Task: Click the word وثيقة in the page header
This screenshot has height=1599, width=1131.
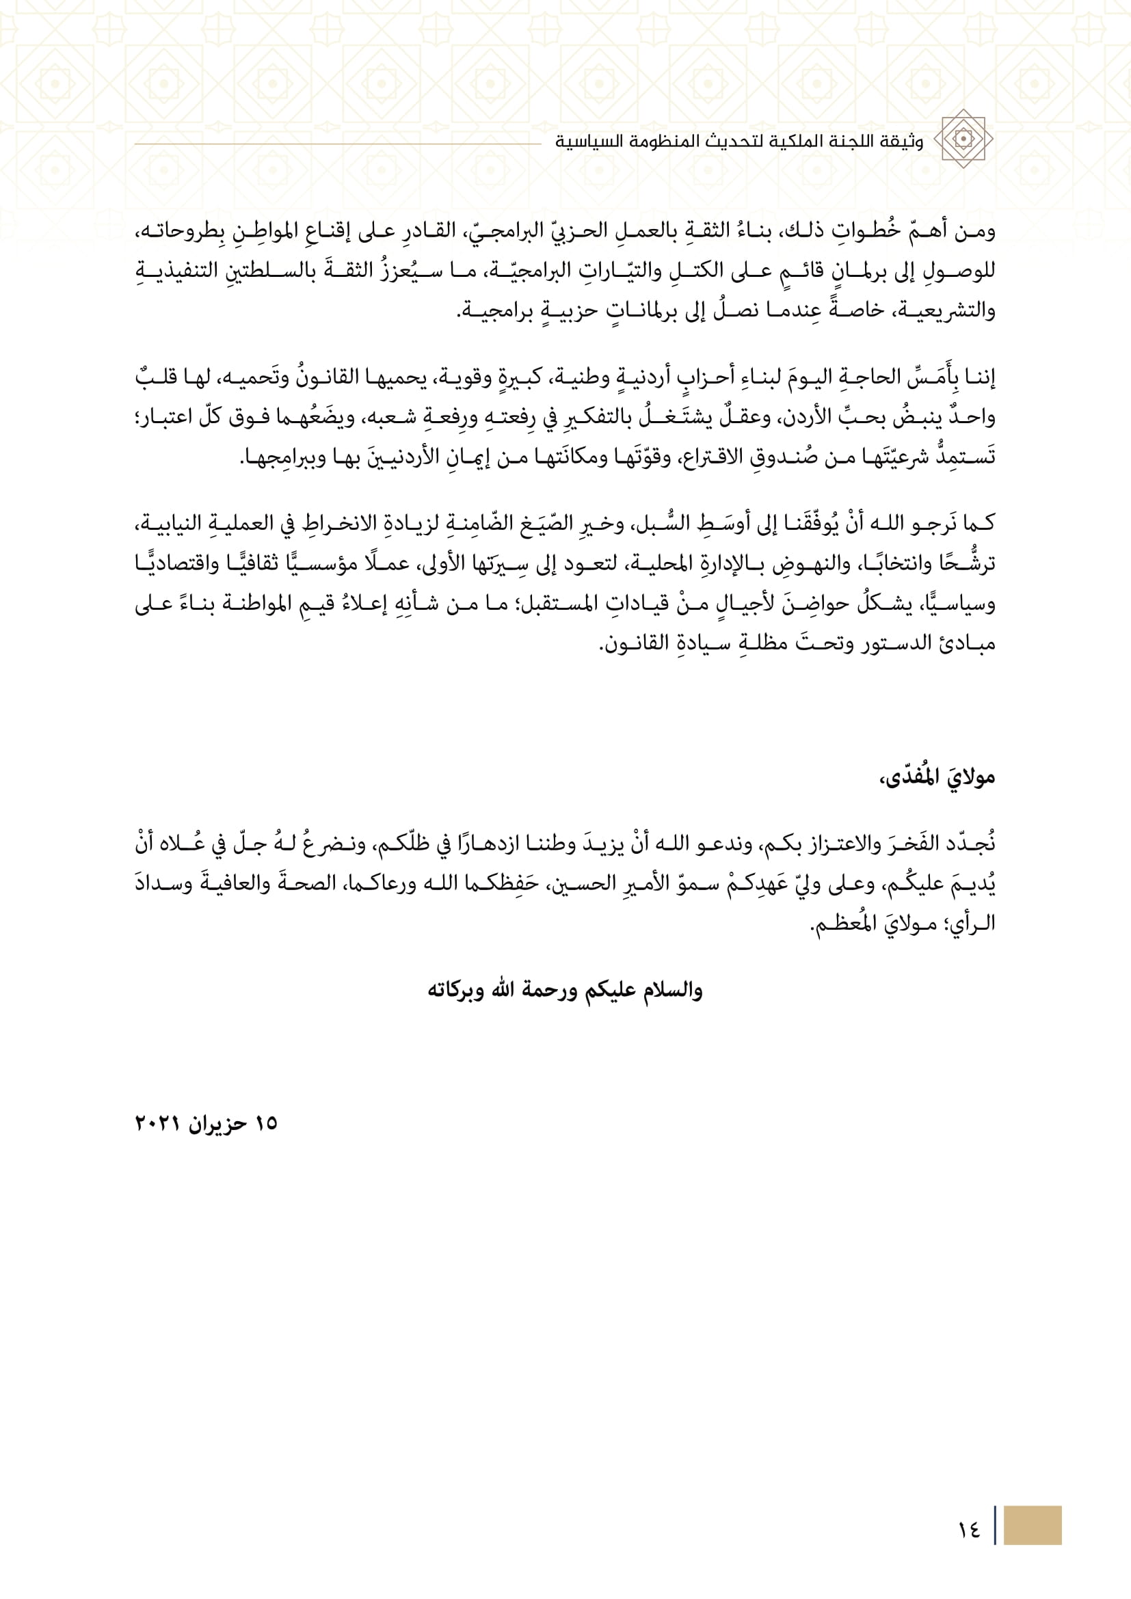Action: point(901,142)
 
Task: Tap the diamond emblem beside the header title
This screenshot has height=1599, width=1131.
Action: point(963,139)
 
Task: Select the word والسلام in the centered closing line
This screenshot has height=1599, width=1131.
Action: point(671,991)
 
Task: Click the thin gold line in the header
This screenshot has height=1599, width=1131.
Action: point(337,144)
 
